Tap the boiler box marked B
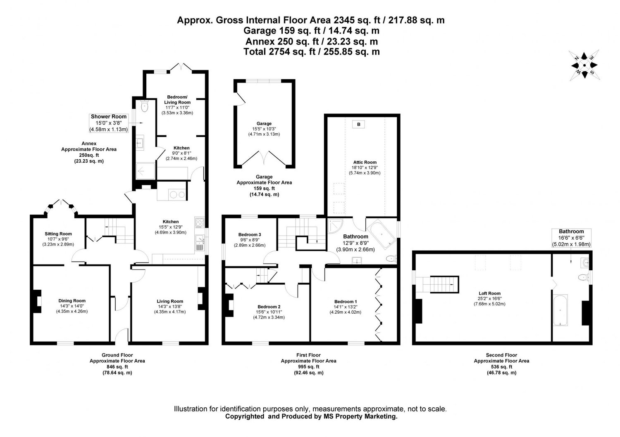358,124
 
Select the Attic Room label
365,162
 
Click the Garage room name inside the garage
264,123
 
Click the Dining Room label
72,301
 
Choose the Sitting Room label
58,234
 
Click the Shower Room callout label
109,117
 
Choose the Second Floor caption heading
501,355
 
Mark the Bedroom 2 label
269,307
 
